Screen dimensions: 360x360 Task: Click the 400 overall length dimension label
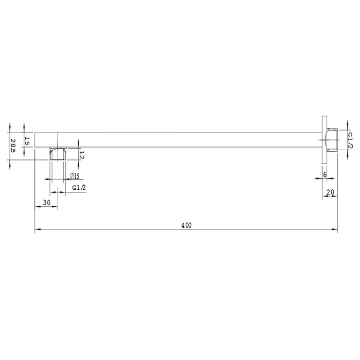tap(186, 225)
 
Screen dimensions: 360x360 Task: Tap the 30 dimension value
tap(47, 203)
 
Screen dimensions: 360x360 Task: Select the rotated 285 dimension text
tap(13, 146)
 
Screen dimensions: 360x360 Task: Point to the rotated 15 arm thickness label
tap(27, 141)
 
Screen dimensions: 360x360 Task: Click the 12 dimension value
tap(82, 155)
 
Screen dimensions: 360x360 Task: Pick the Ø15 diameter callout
tap(75, 176)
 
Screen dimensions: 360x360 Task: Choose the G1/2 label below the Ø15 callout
tap(79, 188)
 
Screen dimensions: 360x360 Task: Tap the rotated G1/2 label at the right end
tap(350, 140)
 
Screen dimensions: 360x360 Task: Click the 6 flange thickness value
tap(325, 174)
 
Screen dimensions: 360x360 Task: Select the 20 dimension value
tap(330, 192)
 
